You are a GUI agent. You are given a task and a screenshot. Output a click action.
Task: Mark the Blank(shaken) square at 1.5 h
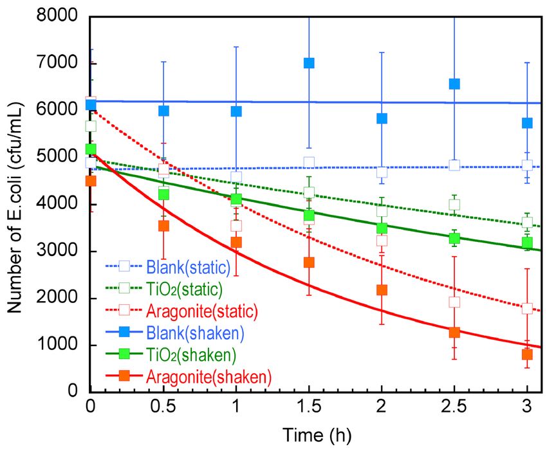[309, 63]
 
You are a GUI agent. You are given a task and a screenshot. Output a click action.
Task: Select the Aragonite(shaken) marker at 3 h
[527, 354]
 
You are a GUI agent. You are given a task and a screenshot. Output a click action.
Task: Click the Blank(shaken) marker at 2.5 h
[454, 84]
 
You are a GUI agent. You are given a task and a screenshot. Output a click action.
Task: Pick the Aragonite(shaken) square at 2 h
[382, 290]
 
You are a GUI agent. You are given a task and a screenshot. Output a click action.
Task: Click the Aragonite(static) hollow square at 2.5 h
[454, 302]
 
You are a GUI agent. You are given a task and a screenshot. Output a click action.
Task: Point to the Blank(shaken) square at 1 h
[236, 111]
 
